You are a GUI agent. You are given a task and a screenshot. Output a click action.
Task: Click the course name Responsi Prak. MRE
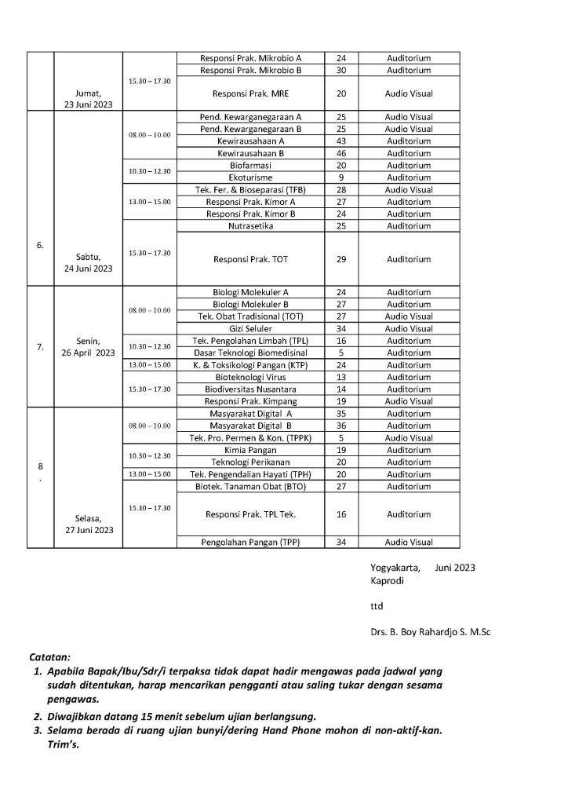coord(251,93)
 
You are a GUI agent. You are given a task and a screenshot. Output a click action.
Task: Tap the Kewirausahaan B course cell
coord(251,153)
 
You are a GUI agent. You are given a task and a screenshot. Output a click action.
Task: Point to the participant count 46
coord(341,153)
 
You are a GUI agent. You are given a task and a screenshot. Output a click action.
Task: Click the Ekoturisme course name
coord(251,177)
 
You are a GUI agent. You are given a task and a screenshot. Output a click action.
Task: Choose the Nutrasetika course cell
coord(251,226)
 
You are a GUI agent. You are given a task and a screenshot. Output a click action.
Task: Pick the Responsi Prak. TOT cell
coord(251,259)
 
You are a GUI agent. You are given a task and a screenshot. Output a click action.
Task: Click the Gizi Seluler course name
coord(251,328)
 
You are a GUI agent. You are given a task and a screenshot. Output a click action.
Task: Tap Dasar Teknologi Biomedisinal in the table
coord(251,353)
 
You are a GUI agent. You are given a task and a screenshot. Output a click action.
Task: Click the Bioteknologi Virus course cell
coord(251,377)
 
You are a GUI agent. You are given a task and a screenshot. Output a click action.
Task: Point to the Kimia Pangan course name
coord(251,450)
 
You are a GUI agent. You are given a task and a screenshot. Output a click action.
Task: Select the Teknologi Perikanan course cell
coord(251,462)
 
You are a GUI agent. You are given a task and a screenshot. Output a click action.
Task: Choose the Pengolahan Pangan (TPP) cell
coord(251,542)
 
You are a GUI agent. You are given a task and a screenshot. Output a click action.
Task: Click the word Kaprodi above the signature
coord(385,580)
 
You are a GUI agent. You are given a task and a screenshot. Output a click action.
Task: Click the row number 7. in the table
coord(40,346)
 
